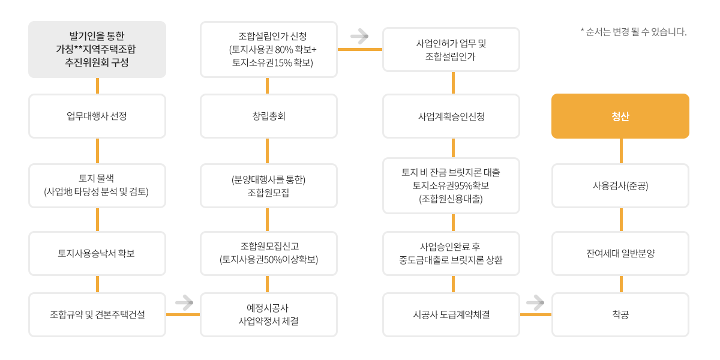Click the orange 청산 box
[620, 116]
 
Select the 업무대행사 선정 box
[97, 116]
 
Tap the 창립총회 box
[269, 116]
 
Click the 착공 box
[620, 314]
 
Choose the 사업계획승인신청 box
[451, 116]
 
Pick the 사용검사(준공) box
[620, 186]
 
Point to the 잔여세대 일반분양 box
[620, 253]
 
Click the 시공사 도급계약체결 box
[451, 314]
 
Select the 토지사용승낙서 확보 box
[97, 253]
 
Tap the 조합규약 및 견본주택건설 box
[97, 314]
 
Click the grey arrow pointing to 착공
[535, 302]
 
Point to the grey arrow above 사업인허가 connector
[359, 36]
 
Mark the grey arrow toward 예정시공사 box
[184, 302]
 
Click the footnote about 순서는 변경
[634, 32]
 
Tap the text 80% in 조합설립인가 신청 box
[284, 49]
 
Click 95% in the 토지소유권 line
[461, 185]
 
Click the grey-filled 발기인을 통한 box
[97, 49]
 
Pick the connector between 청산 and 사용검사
[621, 151]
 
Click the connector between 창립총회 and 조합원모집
[267, 151]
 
